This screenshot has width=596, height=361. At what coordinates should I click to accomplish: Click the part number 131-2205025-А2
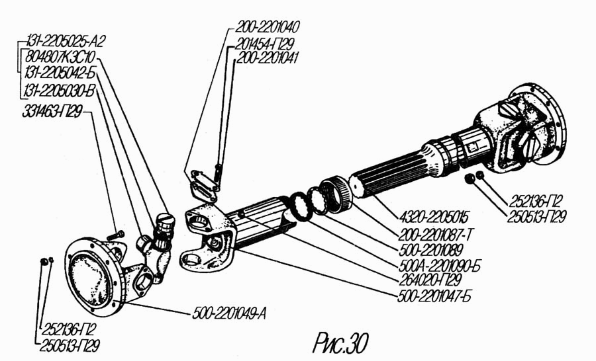66,40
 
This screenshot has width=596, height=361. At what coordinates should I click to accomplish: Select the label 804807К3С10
60,58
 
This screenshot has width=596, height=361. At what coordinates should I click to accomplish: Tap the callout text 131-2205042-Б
60,73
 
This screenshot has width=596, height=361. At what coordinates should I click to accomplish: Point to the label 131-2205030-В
59,91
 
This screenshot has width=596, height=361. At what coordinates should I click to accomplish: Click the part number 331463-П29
52,112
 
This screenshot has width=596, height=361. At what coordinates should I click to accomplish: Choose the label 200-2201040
268,27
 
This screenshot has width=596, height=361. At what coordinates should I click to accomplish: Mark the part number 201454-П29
264,44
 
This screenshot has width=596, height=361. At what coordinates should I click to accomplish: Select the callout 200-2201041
268,58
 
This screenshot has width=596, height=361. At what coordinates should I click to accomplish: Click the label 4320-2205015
434,218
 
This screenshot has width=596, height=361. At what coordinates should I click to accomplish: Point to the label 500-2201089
431,250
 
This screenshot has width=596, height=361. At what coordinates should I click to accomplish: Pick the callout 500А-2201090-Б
440,266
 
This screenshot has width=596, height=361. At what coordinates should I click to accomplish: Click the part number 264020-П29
430,280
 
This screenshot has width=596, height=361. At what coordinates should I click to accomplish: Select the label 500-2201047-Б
434,296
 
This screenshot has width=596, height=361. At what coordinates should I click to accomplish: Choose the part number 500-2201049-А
229,314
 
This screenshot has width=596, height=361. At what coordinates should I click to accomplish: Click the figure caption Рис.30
340,343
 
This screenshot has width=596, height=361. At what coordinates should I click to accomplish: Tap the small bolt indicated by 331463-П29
115,235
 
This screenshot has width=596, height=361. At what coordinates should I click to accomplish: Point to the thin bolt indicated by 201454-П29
217,173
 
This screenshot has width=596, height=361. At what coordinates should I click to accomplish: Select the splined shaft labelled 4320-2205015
395,171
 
